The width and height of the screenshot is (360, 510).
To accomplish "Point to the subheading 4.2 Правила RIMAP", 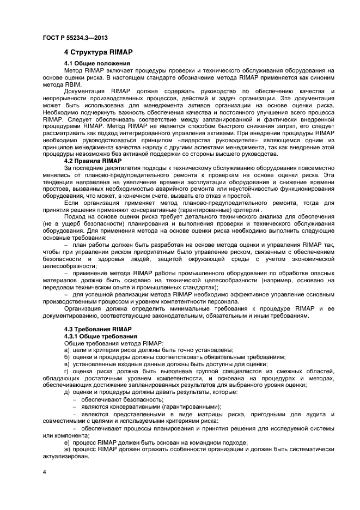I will pos(92,161).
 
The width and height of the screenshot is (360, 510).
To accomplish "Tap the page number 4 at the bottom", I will pos(44,470).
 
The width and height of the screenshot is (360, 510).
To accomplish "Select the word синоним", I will pos(319,77).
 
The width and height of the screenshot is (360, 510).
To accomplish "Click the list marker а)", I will pos(67,350).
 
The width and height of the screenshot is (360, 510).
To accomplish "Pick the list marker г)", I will pos(66,371).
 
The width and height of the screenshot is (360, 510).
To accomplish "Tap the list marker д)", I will pos(67,392).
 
